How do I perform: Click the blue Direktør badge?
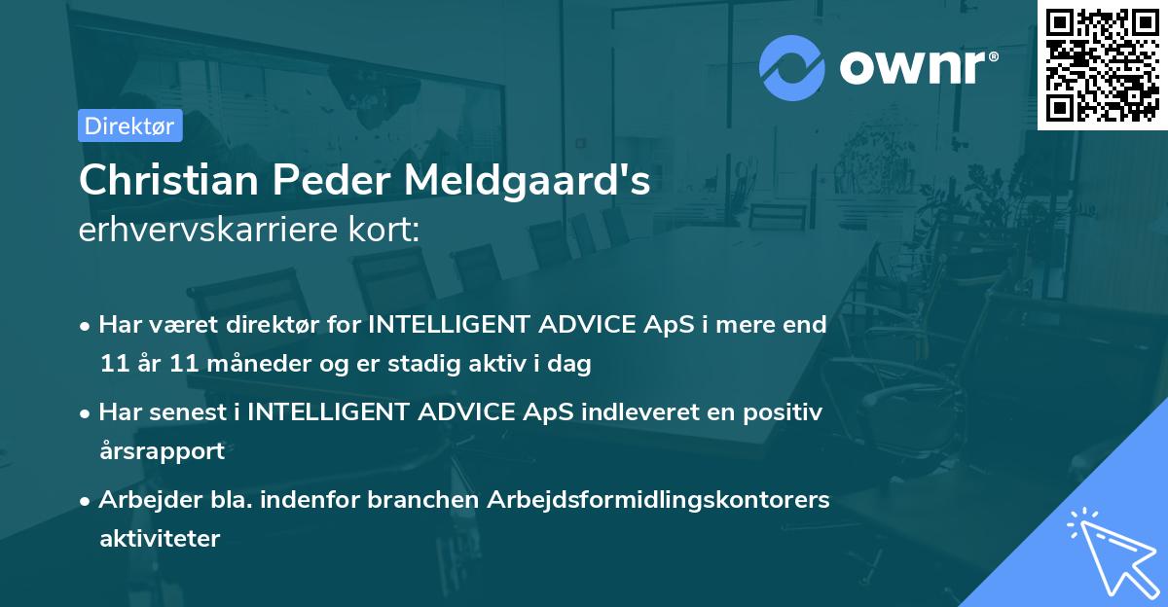click(129, 125)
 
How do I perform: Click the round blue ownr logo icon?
click(792, 68)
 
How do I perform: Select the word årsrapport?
click(162, 451)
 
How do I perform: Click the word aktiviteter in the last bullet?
click(160, 538)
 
